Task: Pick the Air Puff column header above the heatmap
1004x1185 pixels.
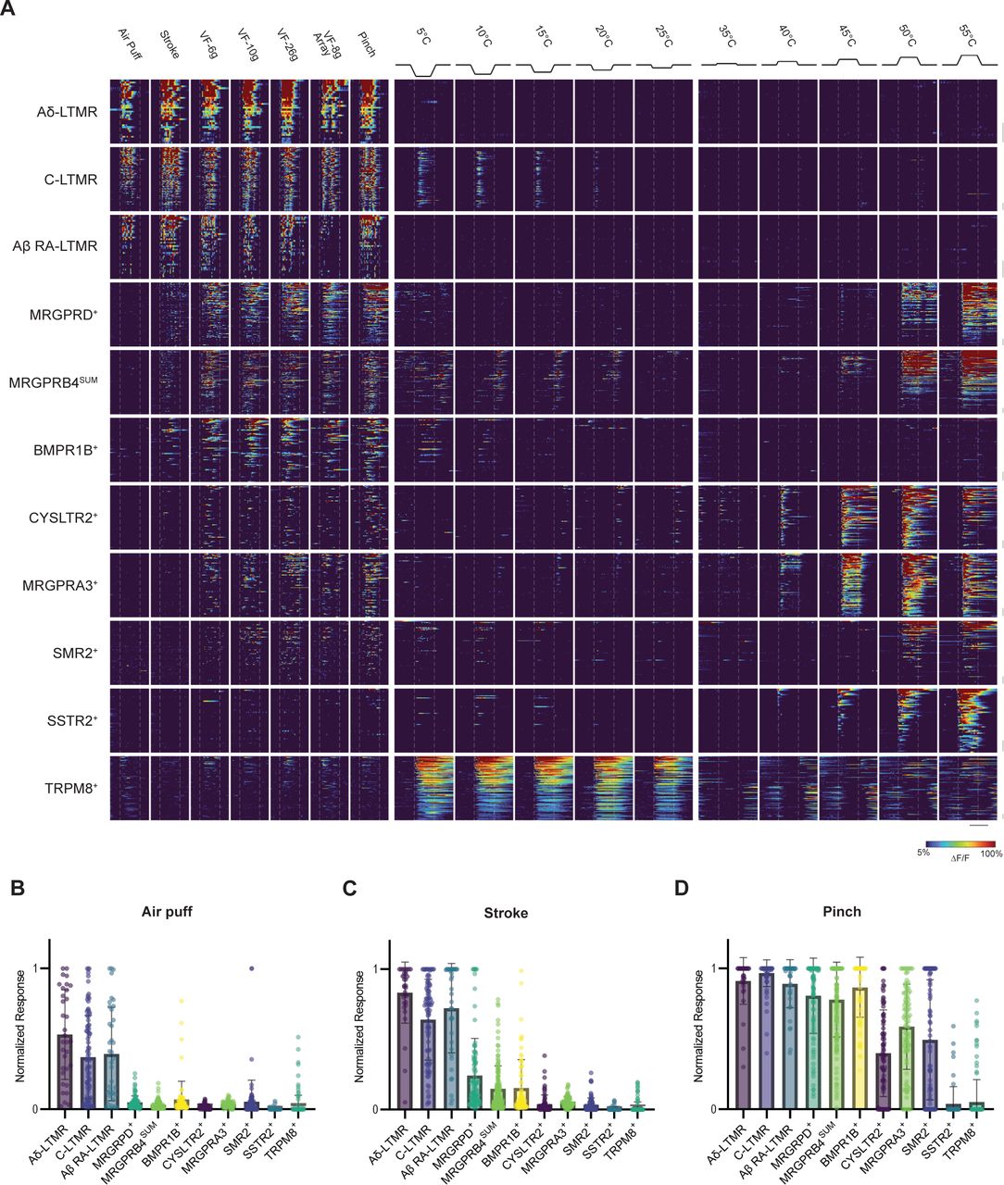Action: pyautogui.click(x=128, y=43)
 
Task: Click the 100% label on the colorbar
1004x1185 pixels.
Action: pyautogui.click(x=991, y=854)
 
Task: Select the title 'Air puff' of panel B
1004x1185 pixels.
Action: pyautogui.click(x=168, y=912)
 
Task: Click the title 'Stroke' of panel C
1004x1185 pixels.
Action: pyautogui.click(x=506, y=913)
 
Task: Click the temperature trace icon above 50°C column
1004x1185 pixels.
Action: pyautogui.click(x=907, y=61)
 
